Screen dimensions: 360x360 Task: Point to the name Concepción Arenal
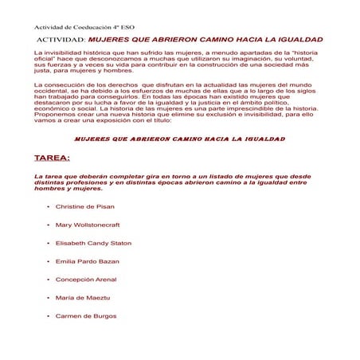[x=86, y=280]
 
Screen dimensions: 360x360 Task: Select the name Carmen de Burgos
[x=84, y=316]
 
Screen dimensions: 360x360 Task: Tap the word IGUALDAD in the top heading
[x=300, y=38]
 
